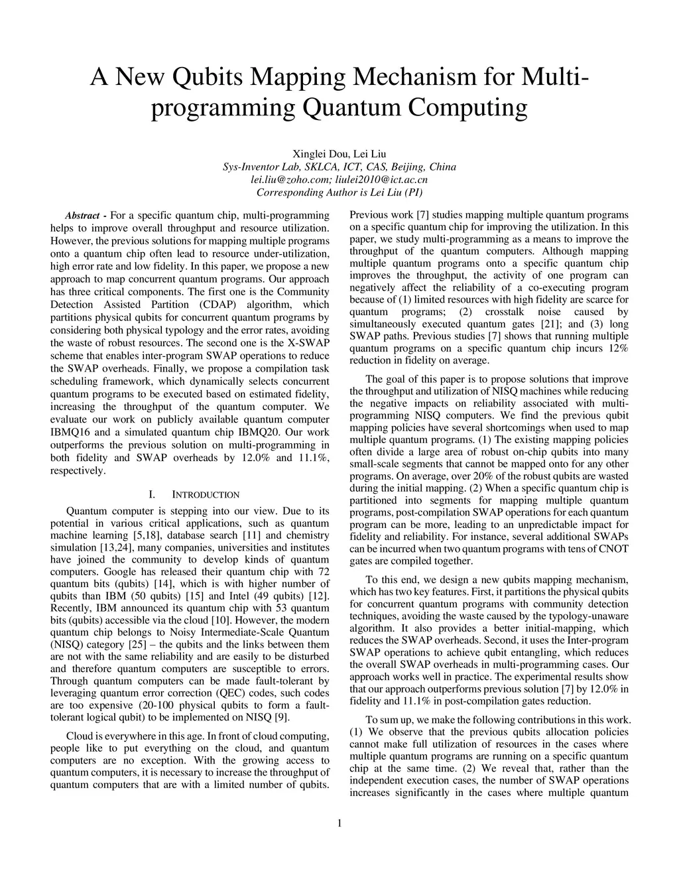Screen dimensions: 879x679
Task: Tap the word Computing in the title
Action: click(467, 107)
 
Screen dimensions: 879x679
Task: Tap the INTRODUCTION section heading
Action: click(205, 495)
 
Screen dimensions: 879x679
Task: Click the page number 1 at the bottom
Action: click(339, 824)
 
